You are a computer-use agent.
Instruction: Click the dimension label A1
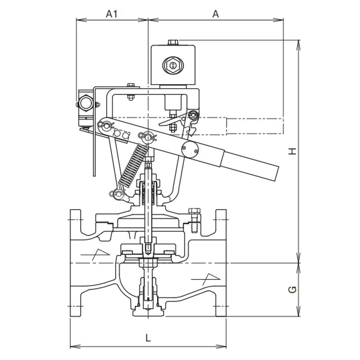[x=112, y=14]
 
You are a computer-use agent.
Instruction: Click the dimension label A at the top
[x=216, y=14]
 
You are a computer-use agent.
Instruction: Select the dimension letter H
[x=293, y=152]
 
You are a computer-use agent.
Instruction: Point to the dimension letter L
[x=148, y=337]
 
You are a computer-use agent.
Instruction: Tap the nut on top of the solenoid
[x=172, y=43]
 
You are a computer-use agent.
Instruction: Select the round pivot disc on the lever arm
[x=189, y=150]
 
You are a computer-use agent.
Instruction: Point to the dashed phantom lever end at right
[x=254, y=126]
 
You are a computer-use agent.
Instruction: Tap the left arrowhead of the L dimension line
[x=72, y=346]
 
